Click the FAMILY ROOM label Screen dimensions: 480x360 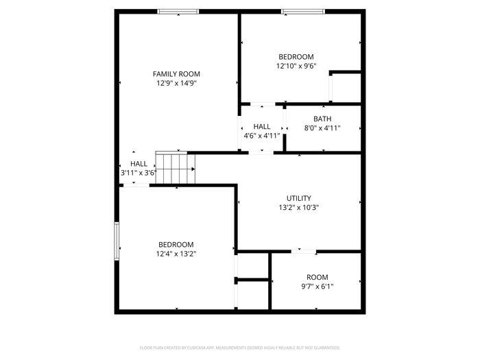pos(176,74)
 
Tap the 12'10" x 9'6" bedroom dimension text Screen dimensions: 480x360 pos(296,66)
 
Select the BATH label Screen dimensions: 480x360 pos(322,119)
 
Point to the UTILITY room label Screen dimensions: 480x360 pos(299,198)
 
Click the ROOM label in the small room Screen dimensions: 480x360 pos(317,277)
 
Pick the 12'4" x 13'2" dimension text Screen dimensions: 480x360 pos(176,254)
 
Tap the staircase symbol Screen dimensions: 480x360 pos(176,168)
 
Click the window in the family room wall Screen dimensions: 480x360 pos(178,12)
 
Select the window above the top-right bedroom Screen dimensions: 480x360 pos(303,12)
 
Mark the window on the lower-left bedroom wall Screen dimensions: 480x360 pos(117,241)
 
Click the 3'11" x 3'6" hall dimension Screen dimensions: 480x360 pos(139,173)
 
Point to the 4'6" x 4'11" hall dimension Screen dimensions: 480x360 pos(262,136)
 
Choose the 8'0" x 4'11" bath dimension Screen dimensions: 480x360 pos(322,128)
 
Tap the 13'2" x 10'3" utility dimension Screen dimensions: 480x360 pos(299,207)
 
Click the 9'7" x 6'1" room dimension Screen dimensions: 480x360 pos(317,287)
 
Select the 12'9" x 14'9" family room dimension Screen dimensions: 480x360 pos(176,83)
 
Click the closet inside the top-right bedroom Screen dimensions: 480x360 pos(346,88)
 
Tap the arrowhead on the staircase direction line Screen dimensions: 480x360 pos(193,169)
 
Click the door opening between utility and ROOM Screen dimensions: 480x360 pos(303,252)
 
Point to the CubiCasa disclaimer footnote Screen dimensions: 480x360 pos(240,348)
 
